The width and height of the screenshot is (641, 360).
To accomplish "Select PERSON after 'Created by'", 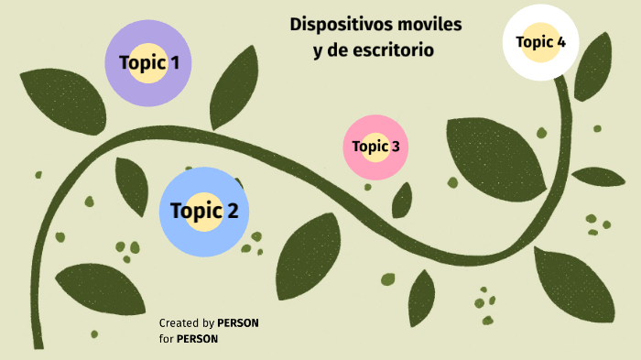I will [x=238, y=323].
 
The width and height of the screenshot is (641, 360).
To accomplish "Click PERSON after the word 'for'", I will [x=197, y=339].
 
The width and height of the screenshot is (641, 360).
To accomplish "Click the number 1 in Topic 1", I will [x=173, y=63].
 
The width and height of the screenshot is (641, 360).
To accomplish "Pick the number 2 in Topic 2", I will [x=232, y=212].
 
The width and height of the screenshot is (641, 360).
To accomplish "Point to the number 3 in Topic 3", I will [x=395, y=147].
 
